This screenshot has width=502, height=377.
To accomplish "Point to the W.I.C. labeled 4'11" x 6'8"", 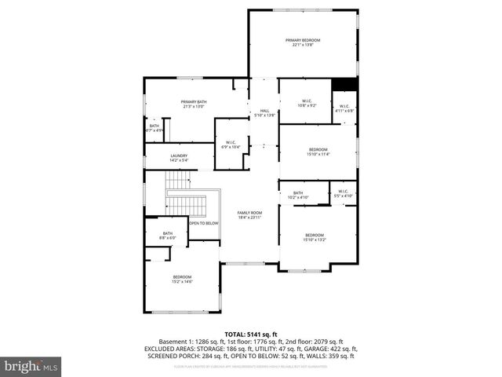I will coord(344,108).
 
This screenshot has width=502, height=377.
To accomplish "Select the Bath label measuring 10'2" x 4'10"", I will coord(298,195).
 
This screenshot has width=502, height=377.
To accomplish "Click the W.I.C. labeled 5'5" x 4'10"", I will coord(344,193).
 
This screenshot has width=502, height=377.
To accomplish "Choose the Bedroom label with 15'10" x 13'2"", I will coord(315,237).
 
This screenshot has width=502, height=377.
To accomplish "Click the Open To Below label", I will coord(202,223).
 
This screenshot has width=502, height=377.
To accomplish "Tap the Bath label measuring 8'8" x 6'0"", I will coord(168,235).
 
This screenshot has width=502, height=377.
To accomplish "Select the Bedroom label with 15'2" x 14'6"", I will coord(182,279).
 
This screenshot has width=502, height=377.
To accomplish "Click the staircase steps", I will coord(185,204).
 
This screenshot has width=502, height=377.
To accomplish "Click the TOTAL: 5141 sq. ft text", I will coord(250,335).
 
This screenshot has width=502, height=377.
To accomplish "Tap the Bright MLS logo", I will coord(31,366).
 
